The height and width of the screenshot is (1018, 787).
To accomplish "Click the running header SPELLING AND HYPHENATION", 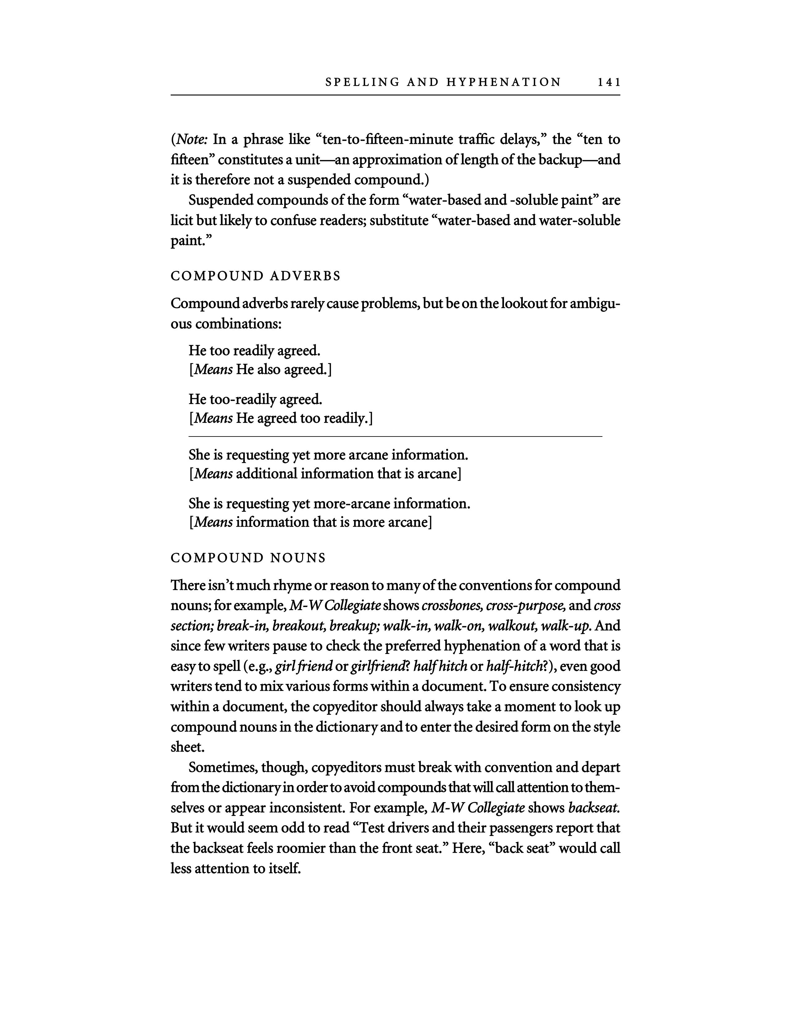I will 443,82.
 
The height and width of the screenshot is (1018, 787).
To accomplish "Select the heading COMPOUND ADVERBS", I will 256,276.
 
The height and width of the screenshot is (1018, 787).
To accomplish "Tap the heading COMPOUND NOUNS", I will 248,558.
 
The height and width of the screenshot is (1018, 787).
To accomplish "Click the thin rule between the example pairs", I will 395,436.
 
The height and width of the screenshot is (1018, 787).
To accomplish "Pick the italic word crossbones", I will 451,606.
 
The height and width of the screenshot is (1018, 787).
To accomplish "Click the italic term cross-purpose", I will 525,606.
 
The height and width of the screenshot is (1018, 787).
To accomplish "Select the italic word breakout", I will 298,626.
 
